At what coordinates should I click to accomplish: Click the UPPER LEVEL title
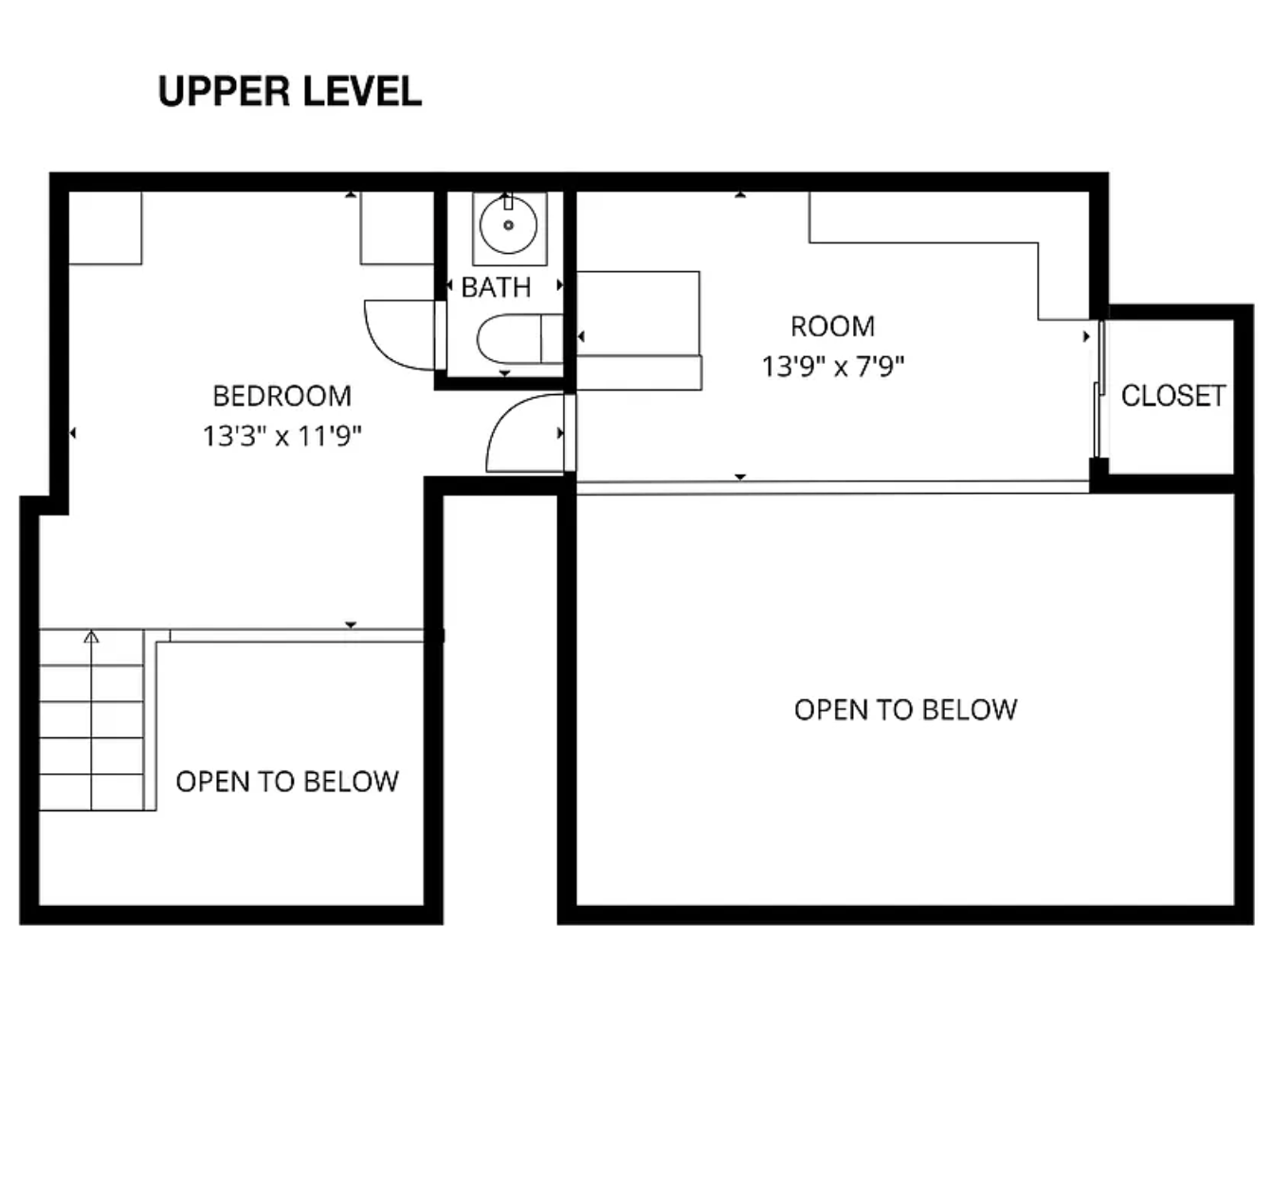click(x=289, y=92)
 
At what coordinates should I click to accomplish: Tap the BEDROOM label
click(x=282, y=396)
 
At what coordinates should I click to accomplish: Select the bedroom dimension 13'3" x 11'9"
click(x=282, y=436)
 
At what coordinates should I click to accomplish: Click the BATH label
click(x=497, y=288)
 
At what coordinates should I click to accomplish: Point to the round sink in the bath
click(x=509, y=226)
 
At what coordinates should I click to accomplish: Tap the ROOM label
click(x=832, y=327)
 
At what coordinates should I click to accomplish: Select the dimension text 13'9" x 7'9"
click(x=832, y=367)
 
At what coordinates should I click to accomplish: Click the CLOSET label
click(x=1173, y=396)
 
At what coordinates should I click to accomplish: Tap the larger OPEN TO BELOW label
click(x=905, y=710)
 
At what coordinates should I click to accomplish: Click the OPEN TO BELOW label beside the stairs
click(x=287, y=782)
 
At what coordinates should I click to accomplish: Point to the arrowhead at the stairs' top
click(x=92, y=636)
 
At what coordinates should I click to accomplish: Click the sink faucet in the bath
click(x=508, y=201)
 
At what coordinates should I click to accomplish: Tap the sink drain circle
click(x=509, y=226)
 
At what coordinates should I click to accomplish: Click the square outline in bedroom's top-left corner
click(x=105, y=228)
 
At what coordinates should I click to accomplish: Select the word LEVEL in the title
click(x=362, y=92)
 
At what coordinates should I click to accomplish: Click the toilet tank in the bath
click(x=552, y=339)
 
